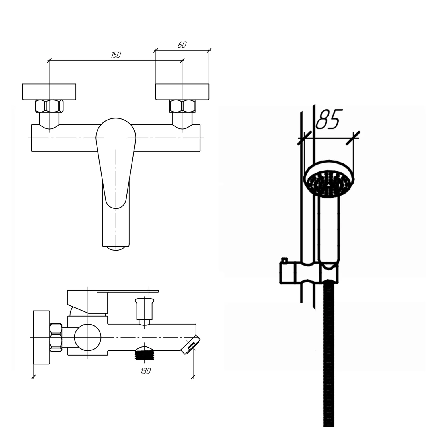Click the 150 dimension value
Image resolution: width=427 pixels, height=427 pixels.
coord(116,55)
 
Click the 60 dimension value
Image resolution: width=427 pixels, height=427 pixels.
coord(182,45)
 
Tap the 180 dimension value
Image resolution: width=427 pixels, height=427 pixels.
coord(145,371)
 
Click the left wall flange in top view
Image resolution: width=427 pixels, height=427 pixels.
coord(49,92)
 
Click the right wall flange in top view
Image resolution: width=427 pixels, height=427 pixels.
coord(182,92)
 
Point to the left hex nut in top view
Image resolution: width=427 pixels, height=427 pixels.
coord(49,106)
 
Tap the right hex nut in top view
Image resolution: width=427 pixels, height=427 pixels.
coord(182,106)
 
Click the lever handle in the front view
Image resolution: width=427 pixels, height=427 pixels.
coord(116,162)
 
